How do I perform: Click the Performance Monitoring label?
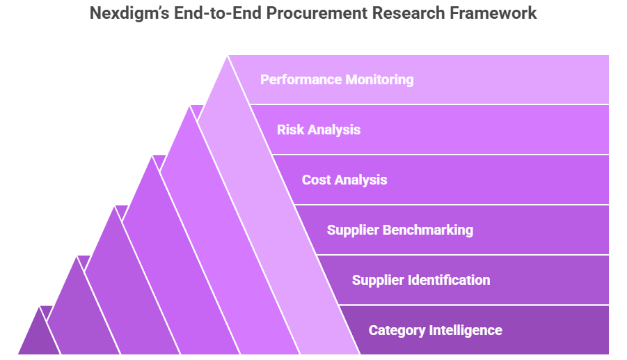[x=337, y=79]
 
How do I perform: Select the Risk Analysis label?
[x=319, y=130]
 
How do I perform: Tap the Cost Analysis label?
[x=344, y=180]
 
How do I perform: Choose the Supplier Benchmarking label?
[x=400, y=230]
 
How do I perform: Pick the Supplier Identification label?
[x=421, y=280]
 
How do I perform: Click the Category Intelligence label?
[x=435, y=330]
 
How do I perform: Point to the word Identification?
[x=449, y=280]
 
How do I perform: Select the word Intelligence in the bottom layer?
[x=466, y=330]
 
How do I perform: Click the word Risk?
[x=290, y=130]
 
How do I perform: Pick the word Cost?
[x=317, y=180]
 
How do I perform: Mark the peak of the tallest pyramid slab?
[x=228, y=56]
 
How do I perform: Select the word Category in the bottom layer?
[x=397, y=330]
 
